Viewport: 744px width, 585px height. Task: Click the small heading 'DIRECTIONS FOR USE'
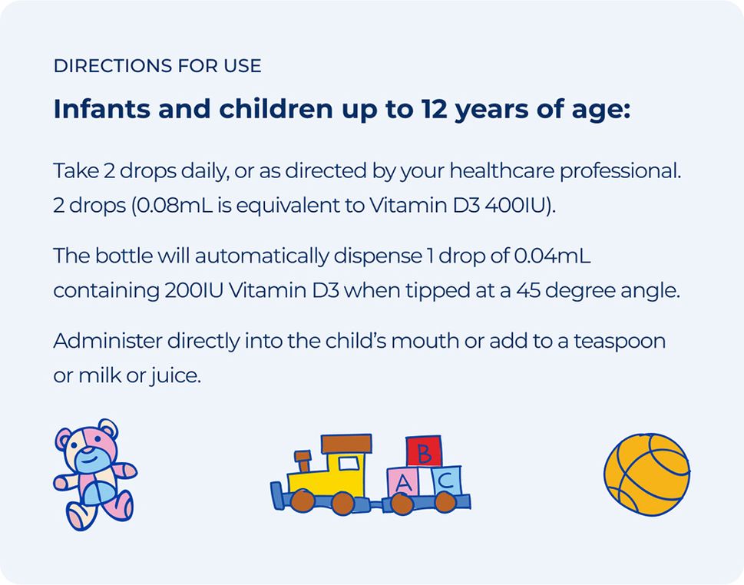point(157,66)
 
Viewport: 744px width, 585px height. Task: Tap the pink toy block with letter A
point(405,483)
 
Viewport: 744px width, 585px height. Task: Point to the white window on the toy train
point(349,463)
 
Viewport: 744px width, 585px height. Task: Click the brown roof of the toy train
point(346,443)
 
